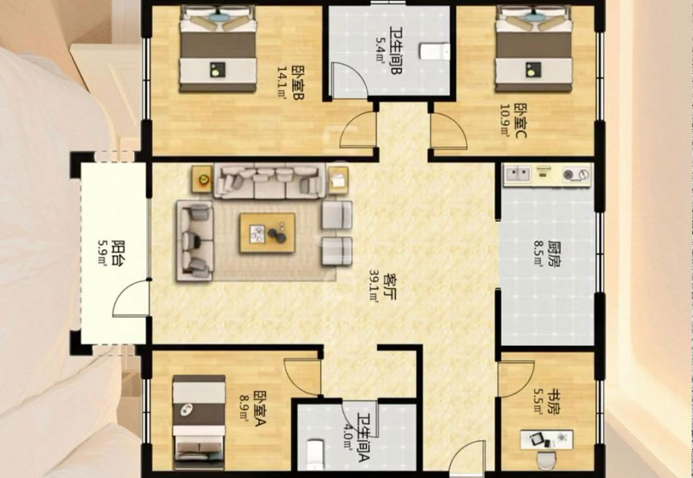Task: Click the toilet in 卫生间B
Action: click(x=434, y=51)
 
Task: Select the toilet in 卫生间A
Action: click(x=315, y=454)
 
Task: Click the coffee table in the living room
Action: click(x=268, y=233)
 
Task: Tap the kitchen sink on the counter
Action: click(x=518, y=174)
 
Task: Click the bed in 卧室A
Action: click(x=199, y=422)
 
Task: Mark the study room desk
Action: click(x=547, y=440)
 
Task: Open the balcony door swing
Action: click(x=131, y=299)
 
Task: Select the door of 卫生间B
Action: click(x=349, y=80)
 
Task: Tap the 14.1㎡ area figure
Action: click(x=282, y=83)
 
